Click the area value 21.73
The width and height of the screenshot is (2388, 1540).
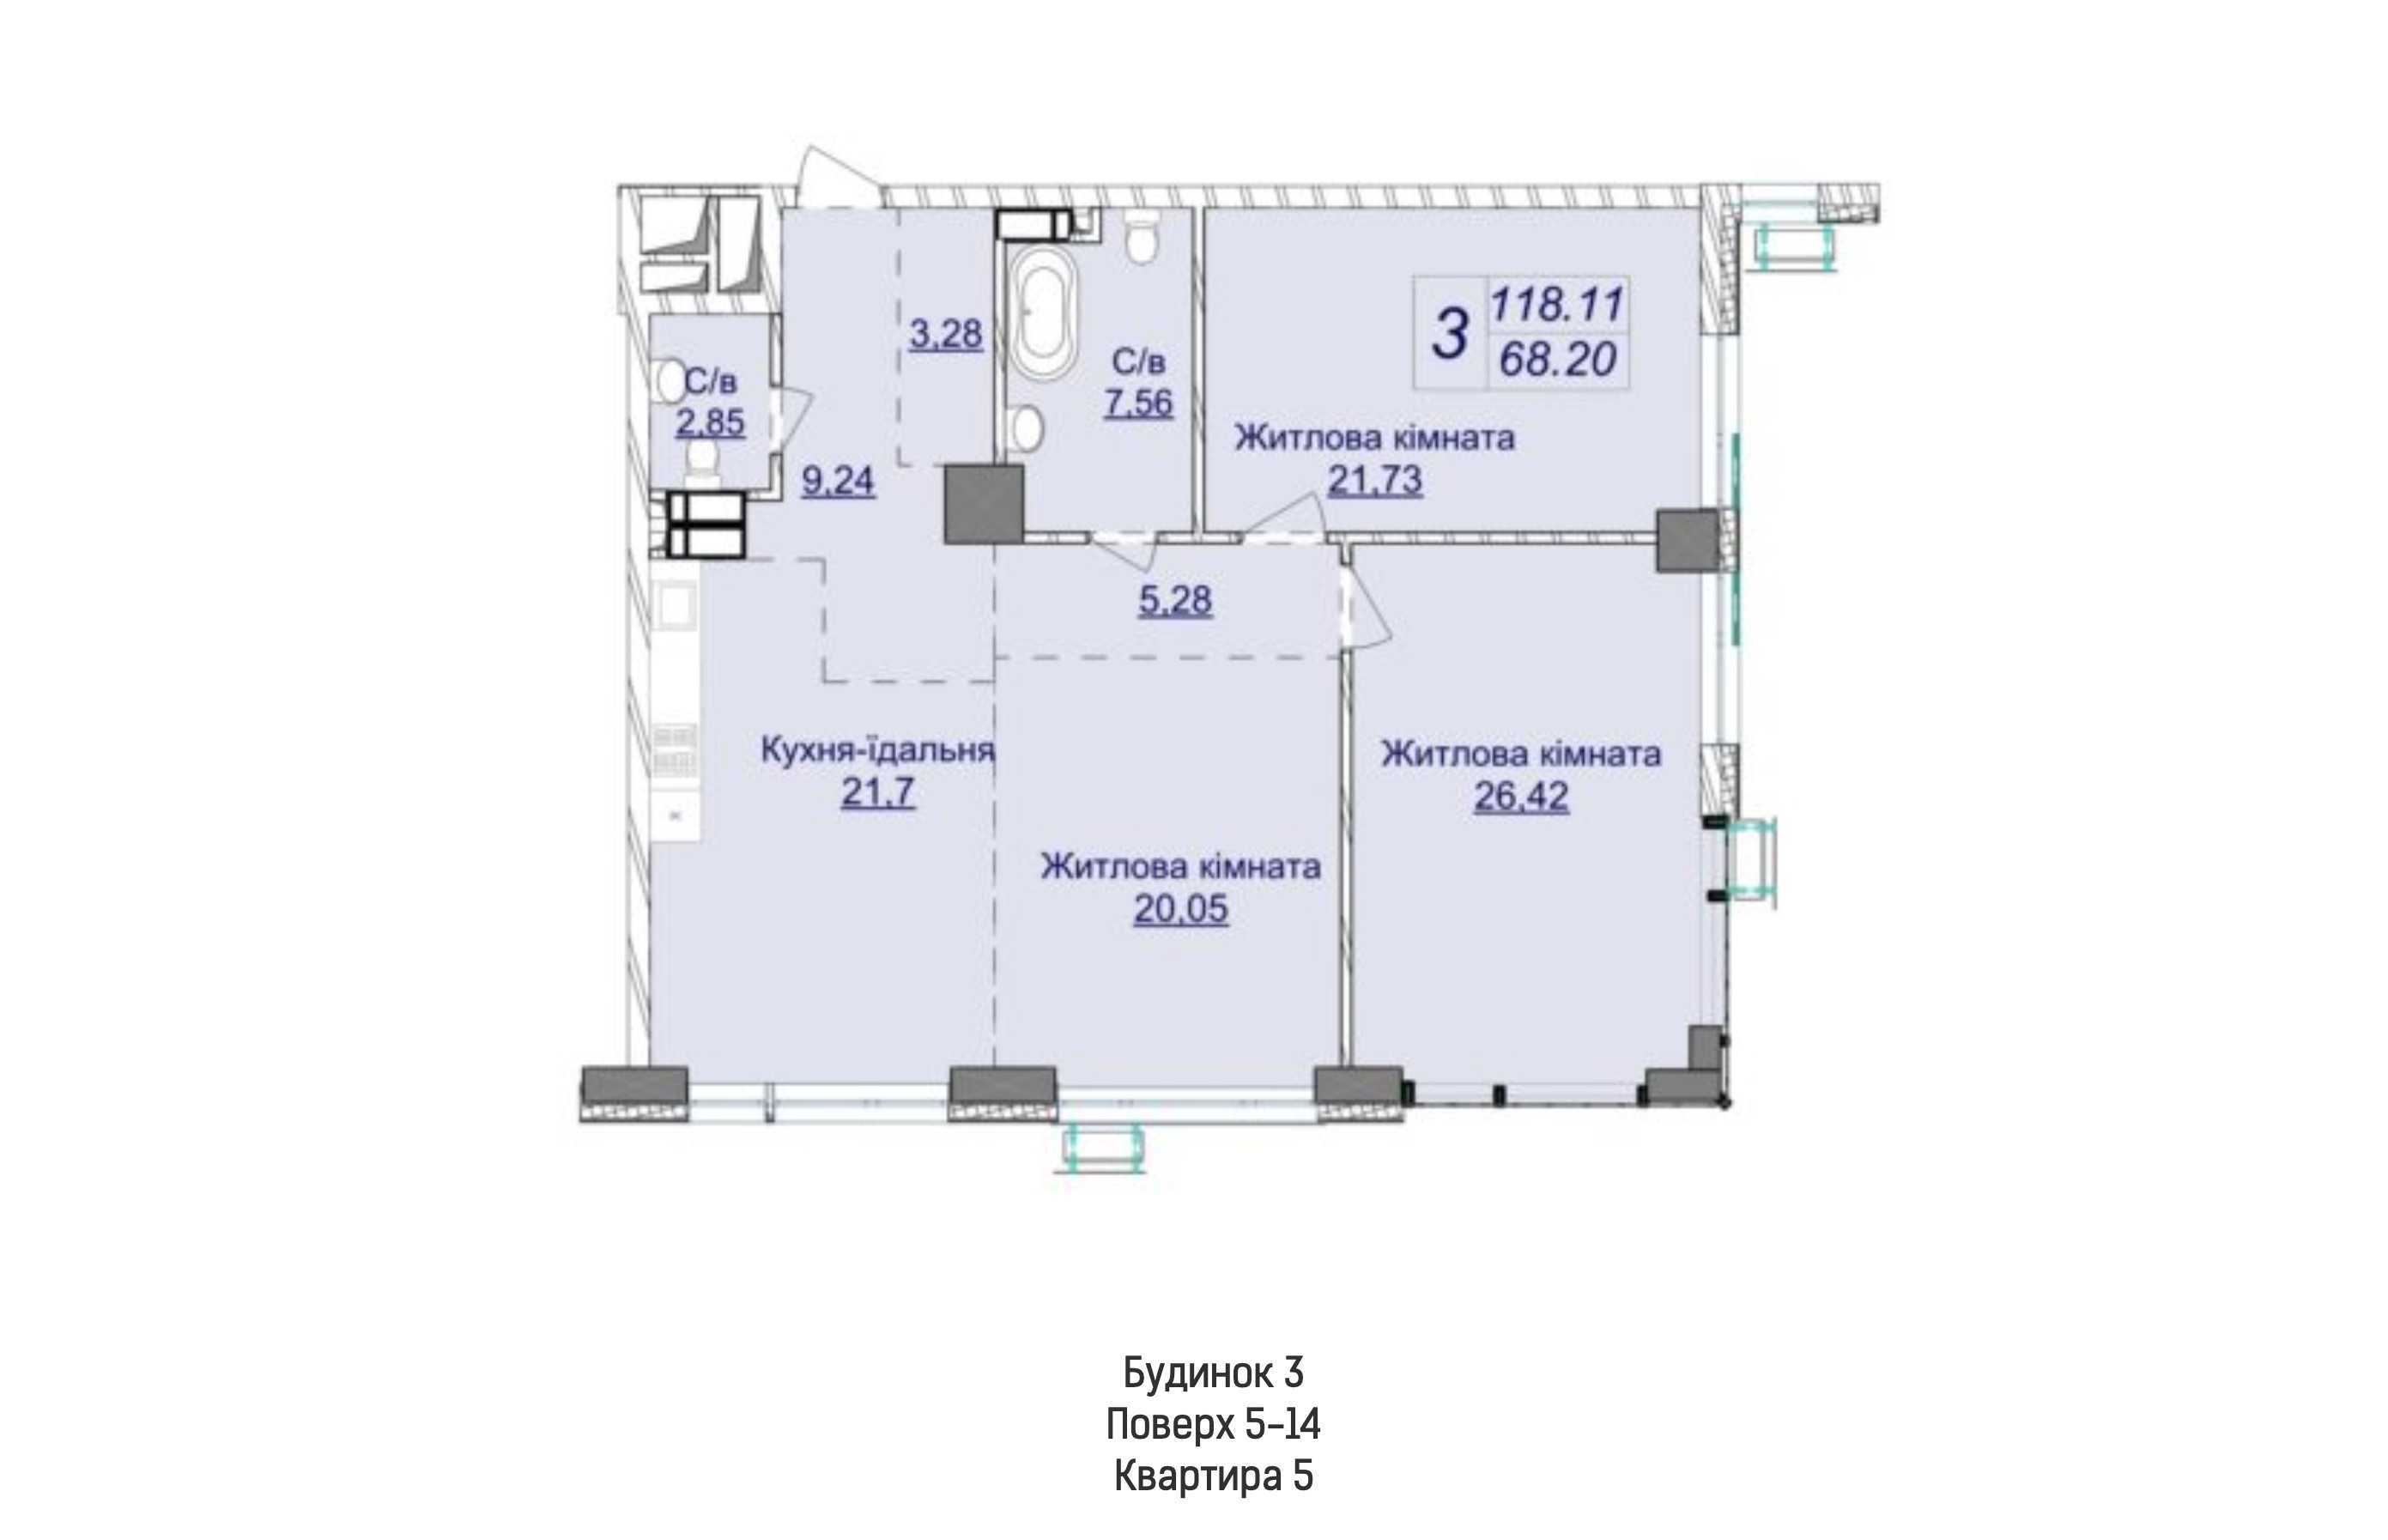[1374, 481]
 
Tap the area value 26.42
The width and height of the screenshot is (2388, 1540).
[1521, 797]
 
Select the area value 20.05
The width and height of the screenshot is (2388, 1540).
[1180, 909]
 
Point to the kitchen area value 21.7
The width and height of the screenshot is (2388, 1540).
[877, 792]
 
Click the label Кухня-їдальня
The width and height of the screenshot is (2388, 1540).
[877, 749]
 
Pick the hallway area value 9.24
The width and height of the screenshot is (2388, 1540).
[838, 481]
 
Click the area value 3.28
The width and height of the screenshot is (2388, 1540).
[945, 333]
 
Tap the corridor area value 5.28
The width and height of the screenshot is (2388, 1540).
[1175, 600]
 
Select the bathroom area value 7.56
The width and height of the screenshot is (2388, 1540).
[1138, 402]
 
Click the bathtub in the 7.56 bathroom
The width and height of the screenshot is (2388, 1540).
[1042, 310]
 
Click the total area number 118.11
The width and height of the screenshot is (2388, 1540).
[1557, 303]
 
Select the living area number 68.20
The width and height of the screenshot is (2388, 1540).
[1557, 359]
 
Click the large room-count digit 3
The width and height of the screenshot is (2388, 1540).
[1450, 333]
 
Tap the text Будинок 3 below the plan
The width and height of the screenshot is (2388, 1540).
[1213, 1372]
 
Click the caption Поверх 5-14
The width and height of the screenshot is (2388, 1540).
[1213, 1424]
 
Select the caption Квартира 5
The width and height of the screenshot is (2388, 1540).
[1213, 1476]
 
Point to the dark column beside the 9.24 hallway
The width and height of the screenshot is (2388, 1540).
[984, 503]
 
